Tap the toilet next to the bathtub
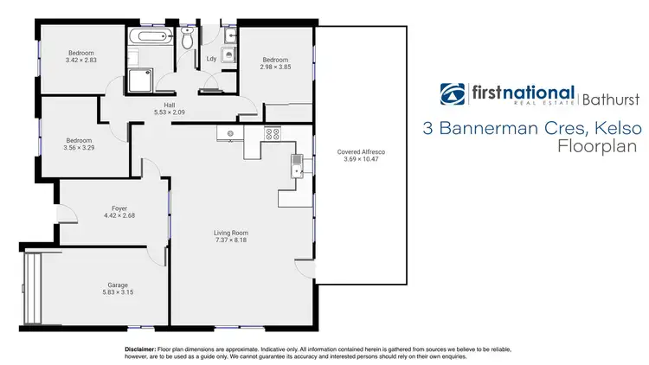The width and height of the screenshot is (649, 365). coord(188,38)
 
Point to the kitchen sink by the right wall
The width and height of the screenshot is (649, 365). coord(297,163)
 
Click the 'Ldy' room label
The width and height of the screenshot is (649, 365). coord(210,59)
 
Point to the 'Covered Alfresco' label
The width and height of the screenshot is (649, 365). coord(361,151)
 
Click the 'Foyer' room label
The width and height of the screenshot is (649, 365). coord(119,208)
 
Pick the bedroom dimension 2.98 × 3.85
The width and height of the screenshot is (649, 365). coord(275,67)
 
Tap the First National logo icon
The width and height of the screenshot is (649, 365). coord(452,94)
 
